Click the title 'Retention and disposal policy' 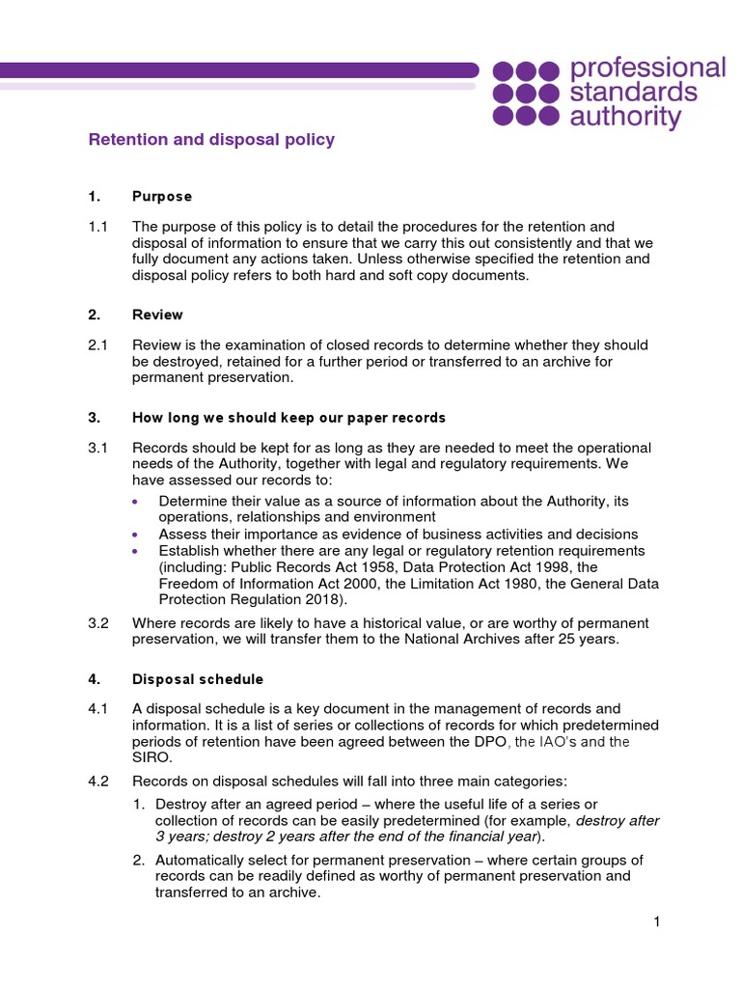211,140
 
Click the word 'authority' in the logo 624,118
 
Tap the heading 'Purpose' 162,197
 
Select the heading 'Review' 157,316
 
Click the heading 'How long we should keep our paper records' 288,418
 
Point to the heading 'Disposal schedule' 197,679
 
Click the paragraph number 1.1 99,227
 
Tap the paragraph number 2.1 99,345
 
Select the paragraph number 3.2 99,622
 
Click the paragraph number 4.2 99,781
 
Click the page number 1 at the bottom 656,922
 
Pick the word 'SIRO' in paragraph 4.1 151,757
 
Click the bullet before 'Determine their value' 135,502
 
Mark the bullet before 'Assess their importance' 135,535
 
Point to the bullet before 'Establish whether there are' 135,551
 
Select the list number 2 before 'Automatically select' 139,860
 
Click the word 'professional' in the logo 647,69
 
